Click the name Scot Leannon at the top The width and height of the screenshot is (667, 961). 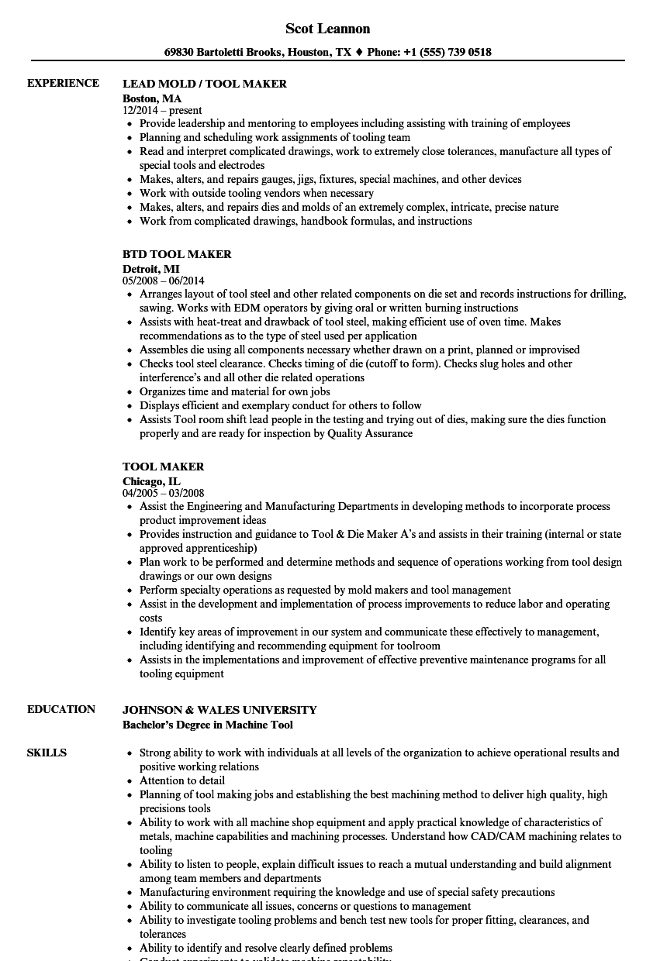[327, 29]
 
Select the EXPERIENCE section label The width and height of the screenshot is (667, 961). [63, 83]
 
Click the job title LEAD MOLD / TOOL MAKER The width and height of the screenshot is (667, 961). [205, 84]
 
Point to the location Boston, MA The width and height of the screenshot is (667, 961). [152, 98]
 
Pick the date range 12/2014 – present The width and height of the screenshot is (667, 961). [162, 111]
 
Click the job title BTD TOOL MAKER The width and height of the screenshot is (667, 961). [177, 254]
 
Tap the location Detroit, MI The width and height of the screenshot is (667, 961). [151, 269]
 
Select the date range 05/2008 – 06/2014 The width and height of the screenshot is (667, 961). [164, 281]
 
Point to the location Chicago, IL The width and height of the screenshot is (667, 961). [152, 481]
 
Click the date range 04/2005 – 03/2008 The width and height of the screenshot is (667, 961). [164, 494]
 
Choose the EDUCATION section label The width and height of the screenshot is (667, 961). [61, 709]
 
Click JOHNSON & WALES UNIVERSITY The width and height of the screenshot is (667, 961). [219, 710]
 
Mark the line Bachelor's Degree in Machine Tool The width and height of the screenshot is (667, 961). [208, 725]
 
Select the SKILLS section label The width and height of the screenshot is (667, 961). [47, 753]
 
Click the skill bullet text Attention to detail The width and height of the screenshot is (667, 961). [182, 780]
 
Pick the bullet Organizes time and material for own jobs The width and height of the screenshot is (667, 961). [235, 391]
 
